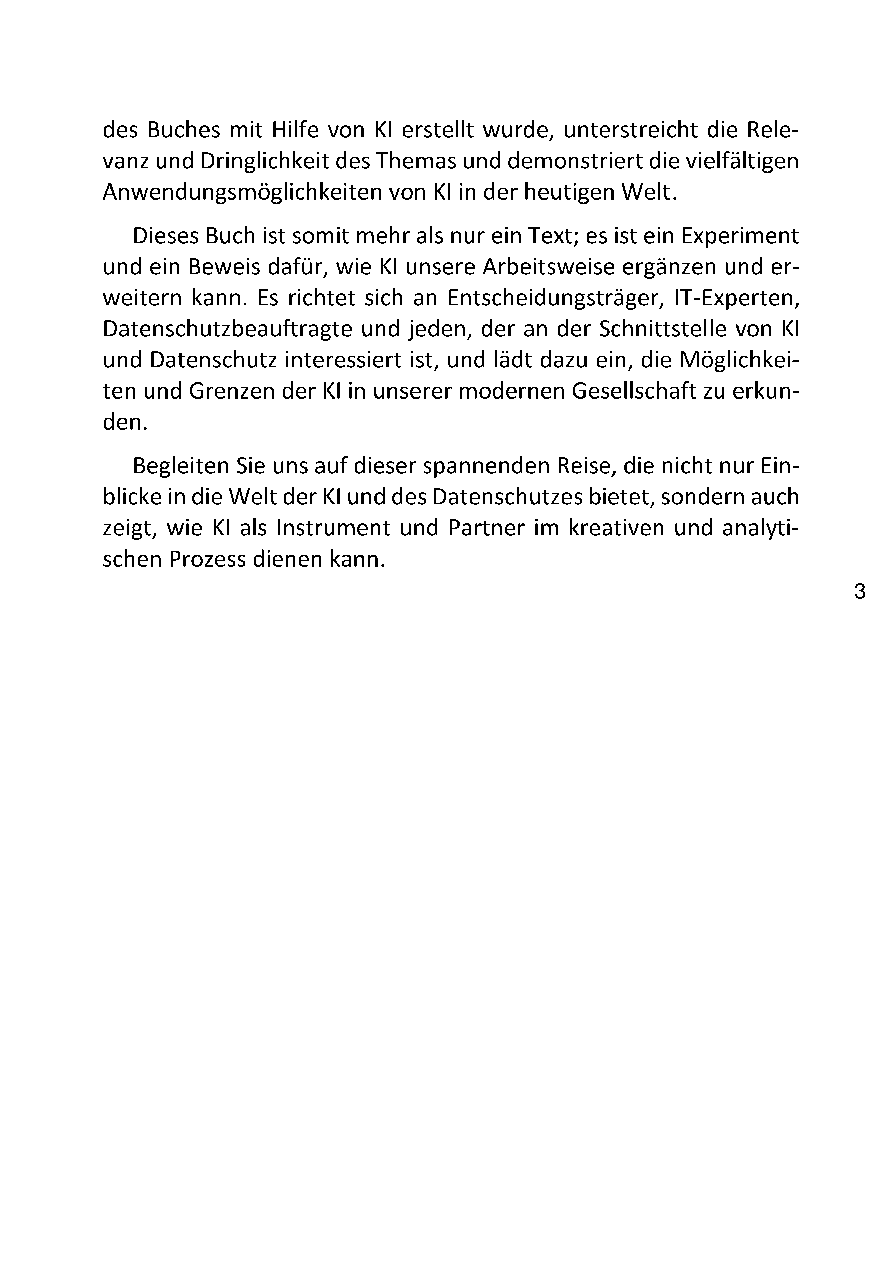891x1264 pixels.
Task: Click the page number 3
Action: pos(860,592)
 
